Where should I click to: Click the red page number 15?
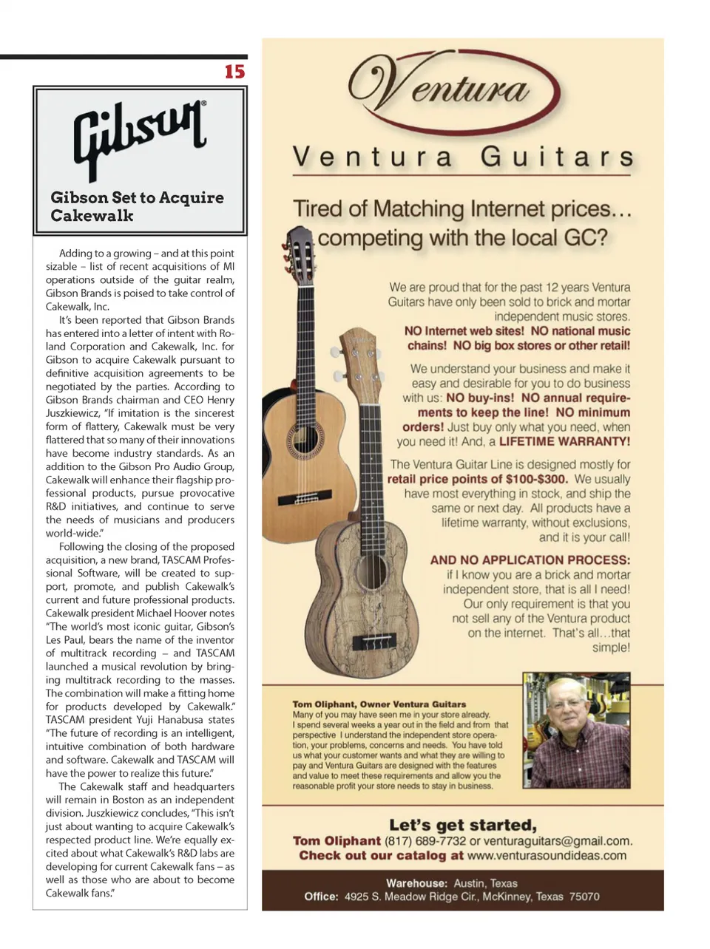click(x=234, y=72)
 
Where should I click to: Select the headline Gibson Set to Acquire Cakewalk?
click(x=137, y=207)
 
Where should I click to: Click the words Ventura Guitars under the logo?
click(x=463, y=157)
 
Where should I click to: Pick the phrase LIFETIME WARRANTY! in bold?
click(x=564, y=442)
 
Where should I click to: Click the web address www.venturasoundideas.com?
click(x=547, y=856)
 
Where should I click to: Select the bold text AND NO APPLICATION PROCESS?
click(x=530, y=560)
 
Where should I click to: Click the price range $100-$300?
click(x=531, y=479)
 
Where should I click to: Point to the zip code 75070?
click(x=584, y=897)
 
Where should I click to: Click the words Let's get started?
click(x=463, y=825)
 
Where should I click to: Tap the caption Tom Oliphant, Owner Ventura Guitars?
click(x=379, y=704)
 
